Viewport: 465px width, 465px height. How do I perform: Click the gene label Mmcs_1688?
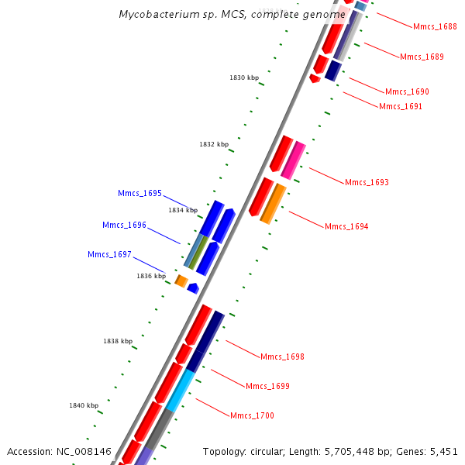point(435,26)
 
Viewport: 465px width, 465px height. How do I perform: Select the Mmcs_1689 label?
point(422,57)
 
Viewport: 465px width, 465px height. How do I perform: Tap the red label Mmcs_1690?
point(407,91)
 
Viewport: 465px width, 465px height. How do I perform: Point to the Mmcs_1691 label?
point(401,106)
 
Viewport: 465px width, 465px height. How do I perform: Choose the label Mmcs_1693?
point(367,182)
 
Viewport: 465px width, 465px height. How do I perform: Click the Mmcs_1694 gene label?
point(346,226)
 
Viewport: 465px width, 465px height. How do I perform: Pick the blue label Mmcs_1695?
point(139,193)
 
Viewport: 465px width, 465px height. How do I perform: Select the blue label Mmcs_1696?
point(124,225)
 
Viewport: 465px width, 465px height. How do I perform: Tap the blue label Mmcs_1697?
point(109,254)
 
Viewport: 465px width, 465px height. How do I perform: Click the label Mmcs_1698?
point(282,356)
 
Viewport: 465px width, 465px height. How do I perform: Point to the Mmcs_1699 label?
point(267,386)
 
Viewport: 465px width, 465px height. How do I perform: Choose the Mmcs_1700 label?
point(252,415)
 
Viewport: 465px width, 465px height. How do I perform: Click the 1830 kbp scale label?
point(244,77)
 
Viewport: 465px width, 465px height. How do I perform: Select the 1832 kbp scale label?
point(214,144)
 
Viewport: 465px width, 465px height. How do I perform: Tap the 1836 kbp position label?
point(151,276)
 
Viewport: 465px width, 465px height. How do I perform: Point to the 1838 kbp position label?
point(118,341)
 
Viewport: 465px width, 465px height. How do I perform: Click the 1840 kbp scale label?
point(84,405)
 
